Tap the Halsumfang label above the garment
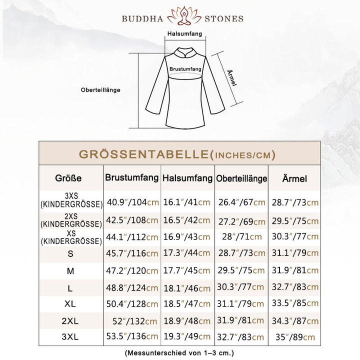tap(184, 34)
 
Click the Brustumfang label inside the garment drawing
tap(185, 68)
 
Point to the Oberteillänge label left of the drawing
tap(100, 90)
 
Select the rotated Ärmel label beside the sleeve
tap(231, 77)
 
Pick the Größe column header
tap(68, 178)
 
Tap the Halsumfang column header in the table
tap(187, 177)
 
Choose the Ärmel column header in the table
tap(294, 178)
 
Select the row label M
tap(70, 270)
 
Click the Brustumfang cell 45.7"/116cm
tap(132, 254)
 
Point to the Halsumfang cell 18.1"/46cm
tap(187, 288)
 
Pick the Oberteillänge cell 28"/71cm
tap(241, 236)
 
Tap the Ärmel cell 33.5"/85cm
tap(294, 303)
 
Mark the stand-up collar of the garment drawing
tap(184, 51)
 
